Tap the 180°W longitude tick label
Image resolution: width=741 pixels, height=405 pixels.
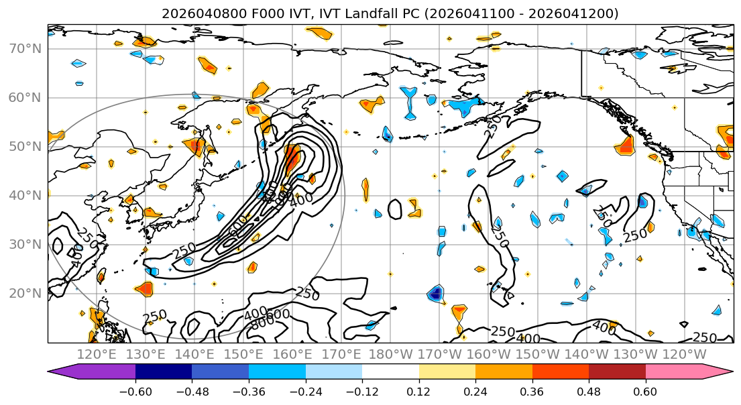392,354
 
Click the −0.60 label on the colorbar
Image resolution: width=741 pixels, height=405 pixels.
135,390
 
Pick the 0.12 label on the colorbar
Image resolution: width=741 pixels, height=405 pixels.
418,390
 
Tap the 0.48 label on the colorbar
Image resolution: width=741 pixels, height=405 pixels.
589,390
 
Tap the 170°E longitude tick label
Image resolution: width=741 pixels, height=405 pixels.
343,354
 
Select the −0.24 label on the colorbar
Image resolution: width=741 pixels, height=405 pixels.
305,390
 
